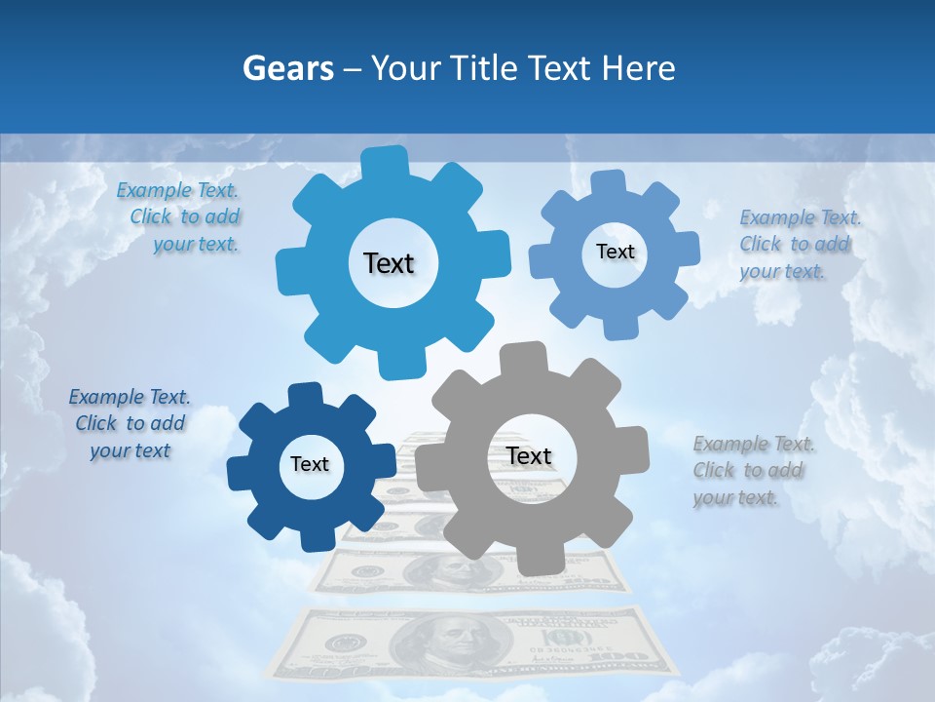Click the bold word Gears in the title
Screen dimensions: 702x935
[x=287, y=68]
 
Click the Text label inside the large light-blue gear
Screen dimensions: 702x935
[x=389, y=263]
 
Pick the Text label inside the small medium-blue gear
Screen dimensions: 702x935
[x=615, y=252]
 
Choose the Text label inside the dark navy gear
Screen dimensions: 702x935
[x=310, y=464]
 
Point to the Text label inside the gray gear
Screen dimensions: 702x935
[x=529, y=456]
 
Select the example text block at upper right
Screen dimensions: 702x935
[x=799, y=245]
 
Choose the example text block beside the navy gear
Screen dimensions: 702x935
[x=130, y=424]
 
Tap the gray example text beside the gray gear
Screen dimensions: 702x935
[x=752, y=471]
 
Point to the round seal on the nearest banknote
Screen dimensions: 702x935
[x=345, y=643]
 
